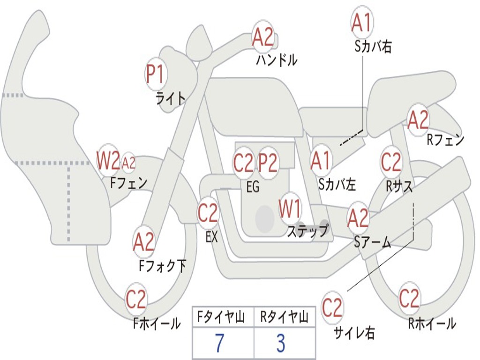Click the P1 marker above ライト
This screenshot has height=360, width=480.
pyautogui.click(x=156, y=74)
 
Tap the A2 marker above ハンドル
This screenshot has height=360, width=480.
pyautogui.click(x=263, y=37)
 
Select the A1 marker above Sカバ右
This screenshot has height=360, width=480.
pyautogui.click(x=362, y=22)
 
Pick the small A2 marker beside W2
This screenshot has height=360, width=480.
pyautogui.click(x=128, y=163)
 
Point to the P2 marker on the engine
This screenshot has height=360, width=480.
pyautogui.click(x=268, y=163)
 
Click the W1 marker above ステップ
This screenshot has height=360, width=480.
pyautogui.click(x=290, y=209)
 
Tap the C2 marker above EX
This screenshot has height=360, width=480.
pyautogui.click(x=208, y=213)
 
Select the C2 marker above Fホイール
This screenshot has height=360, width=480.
pyautogui.click(x=136, y=299)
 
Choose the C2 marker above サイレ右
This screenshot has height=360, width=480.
pyautogui.click(x=332, y=307)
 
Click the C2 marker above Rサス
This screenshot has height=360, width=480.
pyautogui.click(x=391, y=162)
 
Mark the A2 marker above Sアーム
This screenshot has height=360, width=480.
pyautogui.click(x=358, y=218)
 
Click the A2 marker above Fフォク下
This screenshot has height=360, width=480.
pyautogui.click(x=143, y=242)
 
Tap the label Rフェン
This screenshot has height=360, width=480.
pyautogui.click(x=445, y=140)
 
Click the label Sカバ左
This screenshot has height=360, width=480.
pyautogui.click(x=337, y=184)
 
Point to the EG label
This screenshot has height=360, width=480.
pyautogui.click(x=253, y=187)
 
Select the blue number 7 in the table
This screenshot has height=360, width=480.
pyautogui.click(x=219, y=343)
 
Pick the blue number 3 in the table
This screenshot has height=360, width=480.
pyautogui.click(x=281, y=343)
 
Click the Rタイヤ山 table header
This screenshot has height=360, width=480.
pyautogui.click(x=284, y=317)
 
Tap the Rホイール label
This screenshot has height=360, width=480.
pyautogui.click(x=432, y=323)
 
